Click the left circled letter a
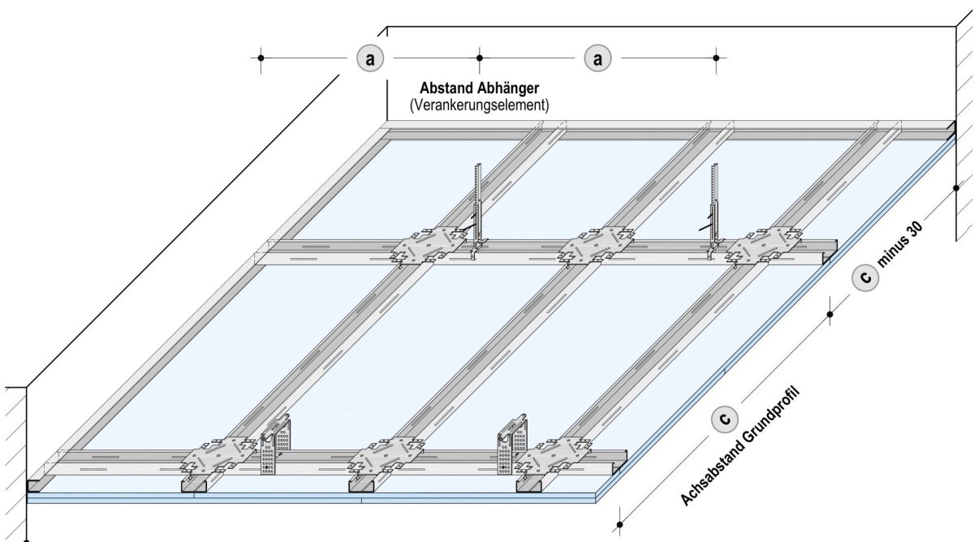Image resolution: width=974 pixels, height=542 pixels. [370, 58]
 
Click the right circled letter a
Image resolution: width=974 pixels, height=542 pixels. [598, 58]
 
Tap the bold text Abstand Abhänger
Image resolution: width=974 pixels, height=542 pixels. [479, 88]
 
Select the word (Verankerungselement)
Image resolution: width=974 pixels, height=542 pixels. [479, 105]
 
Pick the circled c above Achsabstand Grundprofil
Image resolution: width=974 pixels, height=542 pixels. [723, 418]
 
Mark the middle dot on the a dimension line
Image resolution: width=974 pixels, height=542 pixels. [480, 58]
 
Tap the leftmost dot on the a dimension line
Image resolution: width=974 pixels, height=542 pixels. [261, 58]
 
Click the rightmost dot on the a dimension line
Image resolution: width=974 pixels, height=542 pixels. [715, 58]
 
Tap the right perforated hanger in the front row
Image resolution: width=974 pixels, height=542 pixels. [513, 445]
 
